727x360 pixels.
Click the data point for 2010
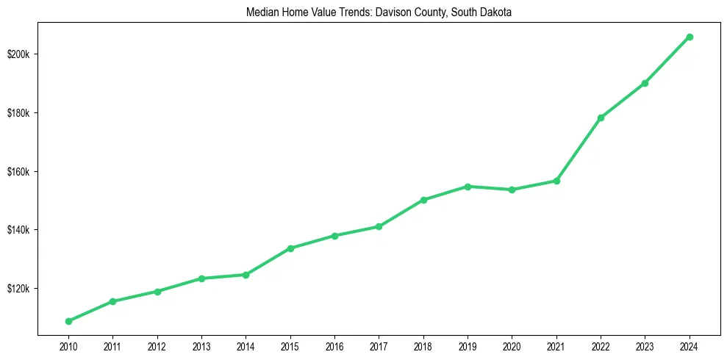click(x=68, y=321)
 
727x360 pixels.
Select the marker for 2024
click(x=690, y=37)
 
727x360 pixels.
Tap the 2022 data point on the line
click(x=601, y=118)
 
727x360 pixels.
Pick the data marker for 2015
click(x=290, y=248)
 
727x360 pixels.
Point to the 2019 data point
click(x=468, y=187)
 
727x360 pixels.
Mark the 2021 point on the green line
click(x=556, y=181)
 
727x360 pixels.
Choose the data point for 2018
click(x=423, y=200)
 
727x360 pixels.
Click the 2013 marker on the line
click(x=201, y=278)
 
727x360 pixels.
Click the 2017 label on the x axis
click(x=379, y=345)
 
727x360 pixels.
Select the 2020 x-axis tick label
click(x=512, y=345)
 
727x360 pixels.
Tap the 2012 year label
click(x=157, y=345)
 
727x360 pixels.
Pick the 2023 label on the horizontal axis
click(x=645, y=345)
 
